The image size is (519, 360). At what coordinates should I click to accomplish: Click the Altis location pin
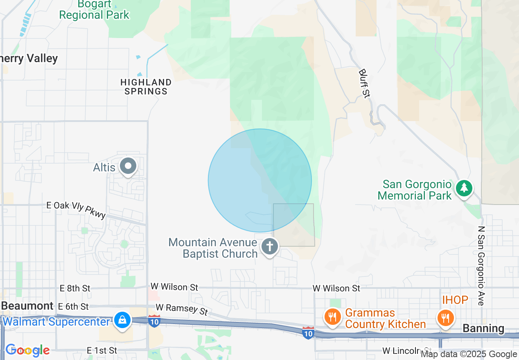[x=128, y=166]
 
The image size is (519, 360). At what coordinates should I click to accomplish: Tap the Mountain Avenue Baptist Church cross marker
[x=269, y=247]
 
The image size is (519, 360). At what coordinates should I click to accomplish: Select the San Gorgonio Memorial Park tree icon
[x=464, y=188]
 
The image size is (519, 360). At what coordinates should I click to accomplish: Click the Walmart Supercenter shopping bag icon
[x=122, y=320]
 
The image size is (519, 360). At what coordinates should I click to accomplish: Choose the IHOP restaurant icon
[x=445, y=317]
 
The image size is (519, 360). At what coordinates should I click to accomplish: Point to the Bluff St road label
[x=364, y=83]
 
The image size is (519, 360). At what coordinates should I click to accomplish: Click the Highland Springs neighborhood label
[x=146, y=87]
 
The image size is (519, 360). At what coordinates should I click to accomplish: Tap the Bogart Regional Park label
[x=94, y=10]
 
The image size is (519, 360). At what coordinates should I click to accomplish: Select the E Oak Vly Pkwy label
[x=76, y=209]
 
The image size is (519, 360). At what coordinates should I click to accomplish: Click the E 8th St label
[x=75, y=288]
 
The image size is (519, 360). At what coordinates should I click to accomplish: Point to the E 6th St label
[x=73, y=306]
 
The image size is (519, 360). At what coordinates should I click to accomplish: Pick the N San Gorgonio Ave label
[x=481, y=265]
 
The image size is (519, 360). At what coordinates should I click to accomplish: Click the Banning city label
[x=483, y=328]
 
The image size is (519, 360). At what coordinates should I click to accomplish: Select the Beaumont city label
[x=27, y=306]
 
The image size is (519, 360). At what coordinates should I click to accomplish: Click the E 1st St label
[x=102, y=351]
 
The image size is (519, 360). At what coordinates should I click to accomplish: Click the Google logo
[x=27, y=350]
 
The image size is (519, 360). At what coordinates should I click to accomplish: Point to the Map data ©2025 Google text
[x=469, y=354]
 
